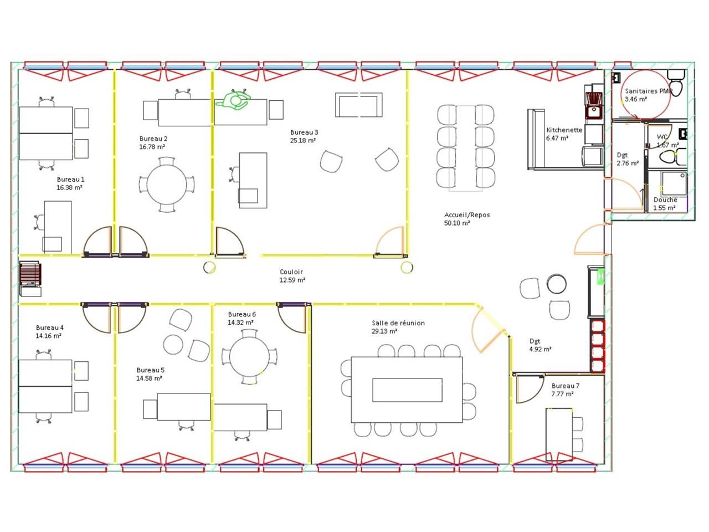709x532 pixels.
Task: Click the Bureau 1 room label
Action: click(x=70, y=180)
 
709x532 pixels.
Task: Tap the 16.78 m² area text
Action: click(x=152, y=147)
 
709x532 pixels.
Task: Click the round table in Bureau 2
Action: click(x=167, y=185)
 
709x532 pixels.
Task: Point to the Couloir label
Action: click(x=291, y=272)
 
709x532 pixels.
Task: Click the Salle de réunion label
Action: click(x=398, y=323)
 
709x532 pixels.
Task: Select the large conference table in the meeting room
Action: click(x=407, y=389)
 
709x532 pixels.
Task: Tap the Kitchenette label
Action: click(x=564, y=130)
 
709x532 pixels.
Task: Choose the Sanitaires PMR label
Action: click(x=648, y=91)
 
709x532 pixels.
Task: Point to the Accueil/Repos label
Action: click(x=467, y=215)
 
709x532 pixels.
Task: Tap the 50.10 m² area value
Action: click(x=457, y=223)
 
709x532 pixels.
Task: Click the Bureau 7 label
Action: click(x=566, y=386)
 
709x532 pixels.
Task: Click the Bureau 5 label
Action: click(x=150, y=370)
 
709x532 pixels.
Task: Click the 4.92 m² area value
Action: click(x=540, y=349)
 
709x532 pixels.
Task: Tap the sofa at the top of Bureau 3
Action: click(x=359, y=105)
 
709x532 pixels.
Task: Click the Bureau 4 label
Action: click(x=49, y=328)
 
